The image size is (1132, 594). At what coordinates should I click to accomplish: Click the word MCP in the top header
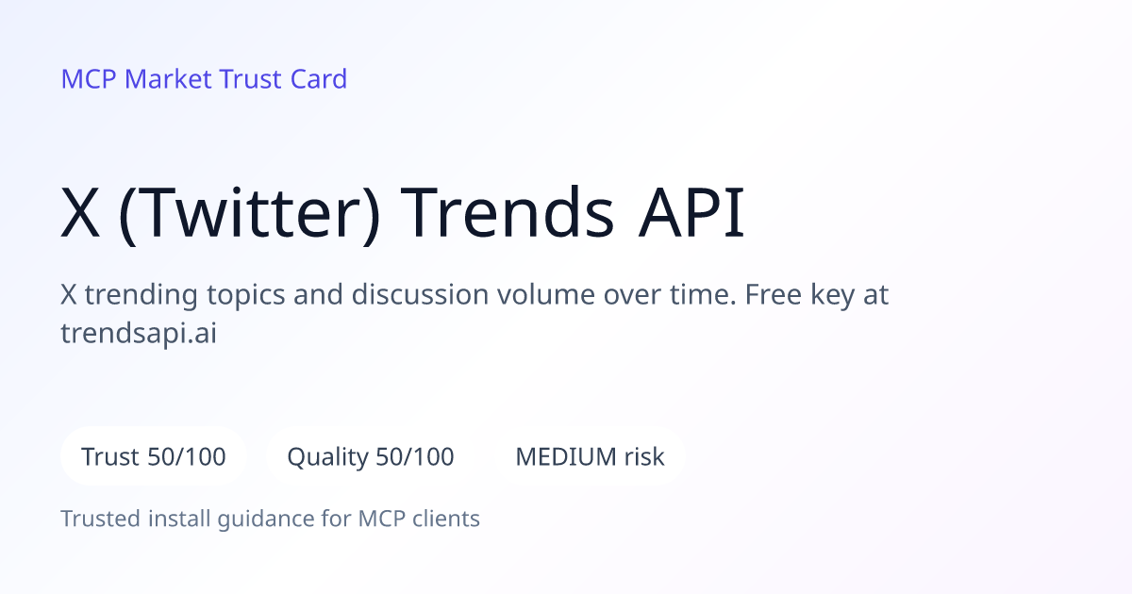(89, 79)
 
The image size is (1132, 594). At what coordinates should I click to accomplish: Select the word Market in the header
(168, 79)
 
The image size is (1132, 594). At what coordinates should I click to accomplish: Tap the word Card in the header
(319, 79)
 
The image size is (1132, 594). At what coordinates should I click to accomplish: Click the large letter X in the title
(80, 213)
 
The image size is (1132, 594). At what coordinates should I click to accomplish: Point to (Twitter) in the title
(249, 214)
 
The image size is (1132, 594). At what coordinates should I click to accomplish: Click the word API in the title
(691, 213)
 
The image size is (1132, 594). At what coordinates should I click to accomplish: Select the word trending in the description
(141, 296)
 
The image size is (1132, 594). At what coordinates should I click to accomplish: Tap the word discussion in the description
(420, 294)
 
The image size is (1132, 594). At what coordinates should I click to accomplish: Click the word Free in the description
(774, 294)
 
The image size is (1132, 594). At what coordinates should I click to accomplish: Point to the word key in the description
(832, 296)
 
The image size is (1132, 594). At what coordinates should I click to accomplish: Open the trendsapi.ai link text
(139, 334)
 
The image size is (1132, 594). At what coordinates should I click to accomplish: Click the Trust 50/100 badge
(154, 456)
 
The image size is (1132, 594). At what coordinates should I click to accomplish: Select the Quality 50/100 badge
(371, 456)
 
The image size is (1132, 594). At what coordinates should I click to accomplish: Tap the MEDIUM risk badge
(590, 456)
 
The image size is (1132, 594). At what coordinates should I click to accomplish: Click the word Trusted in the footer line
(101, 519)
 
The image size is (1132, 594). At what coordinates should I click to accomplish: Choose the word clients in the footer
(445, 519)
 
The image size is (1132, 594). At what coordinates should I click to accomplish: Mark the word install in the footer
(179, 519)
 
